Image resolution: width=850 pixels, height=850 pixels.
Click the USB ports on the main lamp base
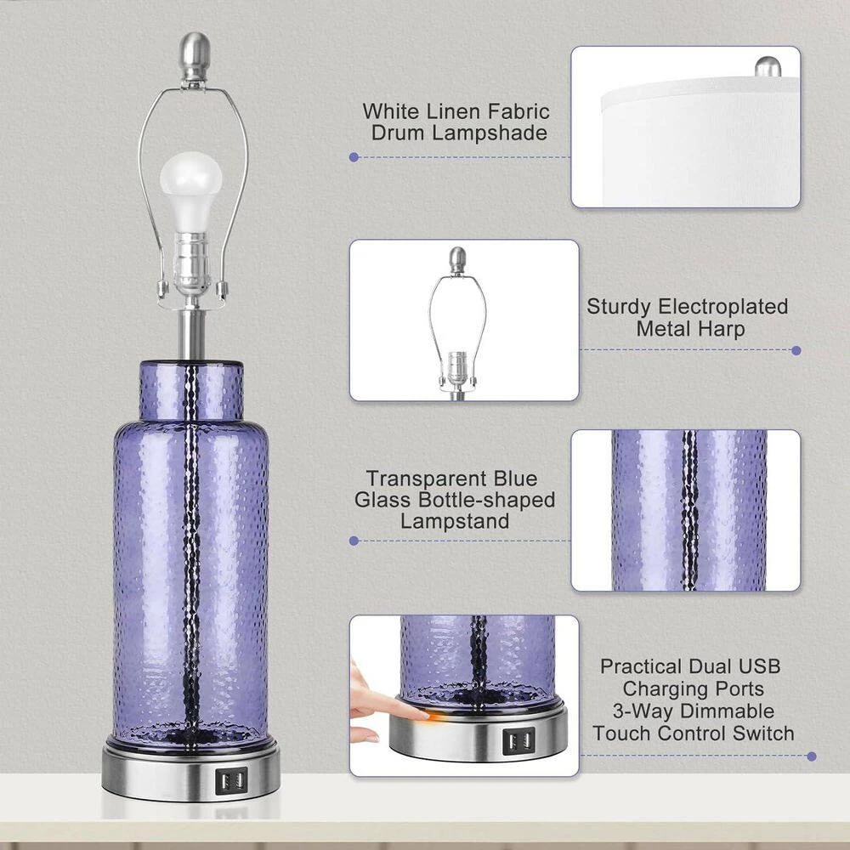click(231, 780)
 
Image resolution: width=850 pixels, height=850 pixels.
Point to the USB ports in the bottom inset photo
click(518, 741)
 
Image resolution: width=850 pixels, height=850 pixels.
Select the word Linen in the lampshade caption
click(454, 111)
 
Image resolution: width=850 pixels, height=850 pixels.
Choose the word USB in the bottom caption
click(757, 666)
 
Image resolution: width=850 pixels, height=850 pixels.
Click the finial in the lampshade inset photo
click(768, 66)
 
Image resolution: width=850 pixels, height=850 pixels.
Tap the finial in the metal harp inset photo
click(458, 261)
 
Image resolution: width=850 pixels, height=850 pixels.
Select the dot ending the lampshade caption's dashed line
click(354, 157)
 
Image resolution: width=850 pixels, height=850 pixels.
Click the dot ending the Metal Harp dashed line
click(796, 350)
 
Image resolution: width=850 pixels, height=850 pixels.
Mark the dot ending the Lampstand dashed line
click(354, 541)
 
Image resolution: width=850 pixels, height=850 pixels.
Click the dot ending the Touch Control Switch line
click(812, 756)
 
